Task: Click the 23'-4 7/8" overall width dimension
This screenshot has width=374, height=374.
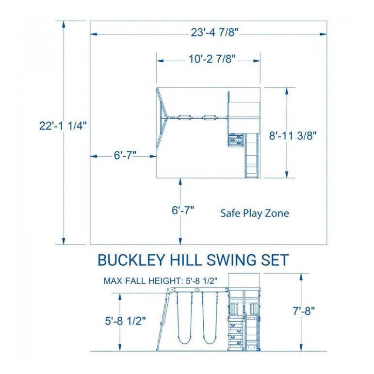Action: (214, 33)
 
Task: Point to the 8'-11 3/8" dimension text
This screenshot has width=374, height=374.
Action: (293, 136)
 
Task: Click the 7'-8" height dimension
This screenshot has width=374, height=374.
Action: (304, 310)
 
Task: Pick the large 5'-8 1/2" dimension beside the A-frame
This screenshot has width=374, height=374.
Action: (125, 321)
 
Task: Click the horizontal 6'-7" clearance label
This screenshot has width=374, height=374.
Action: (125, 156)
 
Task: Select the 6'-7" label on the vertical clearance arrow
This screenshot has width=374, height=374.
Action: (183, 210)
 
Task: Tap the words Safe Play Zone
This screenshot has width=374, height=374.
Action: (255, 213)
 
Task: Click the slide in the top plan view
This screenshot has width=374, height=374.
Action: (252, 156)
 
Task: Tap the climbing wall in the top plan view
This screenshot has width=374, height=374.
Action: (236, 140)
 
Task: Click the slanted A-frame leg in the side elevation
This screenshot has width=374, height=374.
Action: (163, 320)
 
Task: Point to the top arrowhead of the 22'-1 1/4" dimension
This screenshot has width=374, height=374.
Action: (64, 24)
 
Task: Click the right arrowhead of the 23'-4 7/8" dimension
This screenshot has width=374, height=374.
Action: (324, 34)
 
